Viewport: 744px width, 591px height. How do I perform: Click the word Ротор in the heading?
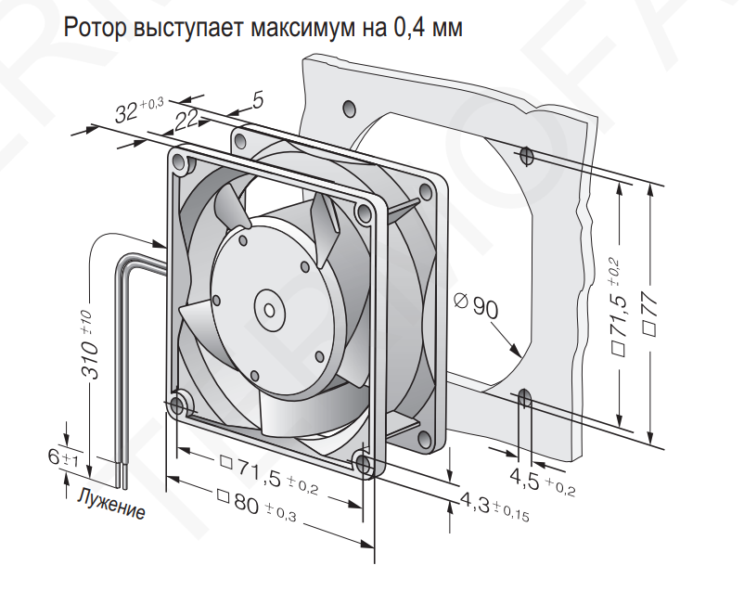pyautogui.click(x=95, y=28)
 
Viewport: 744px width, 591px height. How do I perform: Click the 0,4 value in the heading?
pyautogui.click(x=410, y=28)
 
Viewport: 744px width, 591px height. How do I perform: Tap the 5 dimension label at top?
pyautogui.click(x=258, y=101)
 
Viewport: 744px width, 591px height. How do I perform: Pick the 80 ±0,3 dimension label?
pyautogui.click(x=256, y=506)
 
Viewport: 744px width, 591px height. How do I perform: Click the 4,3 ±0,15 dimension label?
pyautogui.click(x=494, y=506)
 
